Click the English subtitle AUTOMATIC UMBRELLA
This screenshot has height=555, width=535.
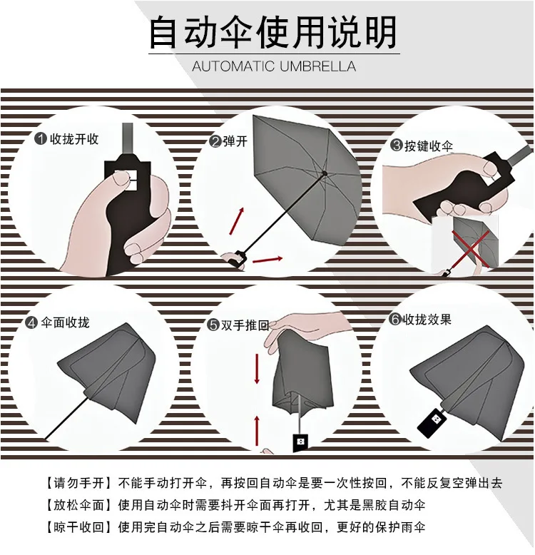click(274, 66)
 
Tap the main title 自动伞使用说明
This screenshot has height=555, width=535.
click(273, 32)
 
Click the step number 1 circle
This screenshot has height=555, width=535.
click(41, 138)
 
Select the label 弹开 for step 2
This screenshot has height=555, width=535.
click(235, 141)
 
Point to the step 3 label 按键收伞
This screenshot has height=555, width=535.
click(429, 146)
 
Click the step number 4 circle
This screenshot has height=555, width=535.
click(31, 323)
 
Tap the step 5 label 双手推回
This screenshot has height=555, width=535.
click(245, 325)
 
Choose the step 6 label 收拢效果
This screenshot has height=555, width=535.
click(427, 320)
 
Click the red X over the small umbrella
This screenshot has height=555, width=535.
click(472, 248)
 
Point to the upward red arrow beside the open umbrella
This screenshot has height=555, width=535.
click(237, 221)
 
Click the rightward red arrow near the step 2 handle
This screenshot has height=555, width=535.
click(267, 260)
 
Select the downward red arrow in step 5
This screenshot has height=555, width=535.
click(257, 369)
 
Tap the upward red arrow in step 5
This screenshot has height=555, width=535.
click(257, 431)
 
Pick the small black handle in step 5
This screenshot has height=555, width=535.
click(300, 442)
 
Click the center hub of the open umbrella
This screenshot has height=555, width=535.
click(325, 173)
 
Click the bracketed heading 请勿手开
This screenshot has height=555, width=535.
click(79, 483)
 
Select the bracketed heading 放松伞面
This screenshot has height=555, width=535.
click(79, 505)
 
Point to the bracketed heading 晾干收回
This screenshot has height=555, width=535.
click(79, 527)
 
